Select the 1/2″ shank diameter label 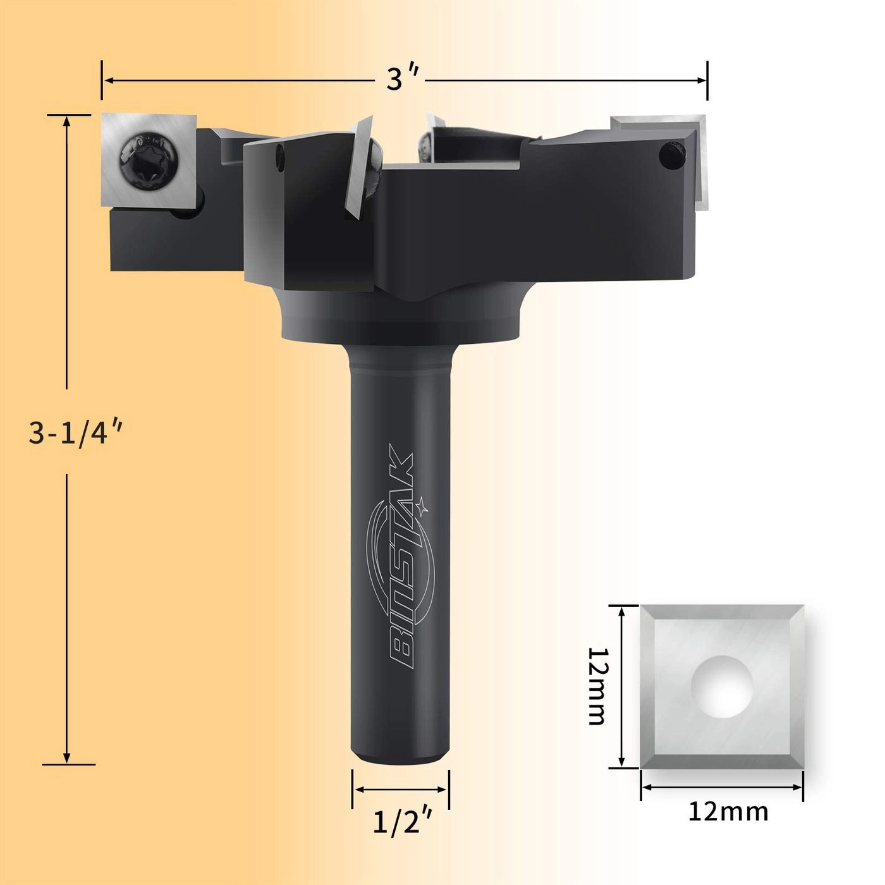402,822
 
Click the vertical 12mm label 597,686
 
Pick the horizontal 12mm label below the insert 728,811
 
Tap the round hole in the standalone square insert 721,687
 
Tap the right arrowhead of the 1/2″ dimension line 444,790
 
